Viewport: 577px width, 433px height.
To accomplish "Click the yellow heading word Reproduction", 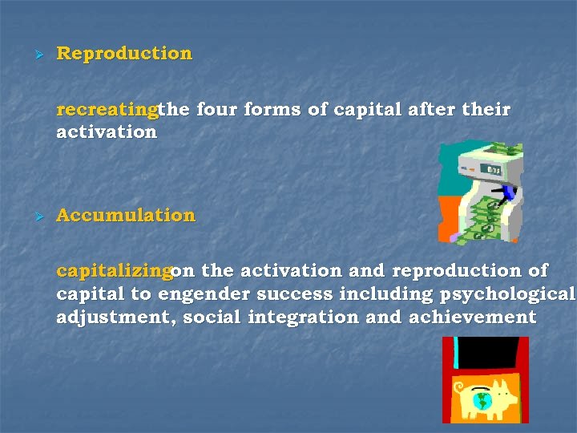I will point(124,54).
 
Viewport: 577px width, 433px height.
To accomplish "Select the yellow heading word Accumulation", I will point(126,215).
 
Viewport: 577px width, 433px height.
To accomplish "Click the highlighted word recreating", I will point(107,109).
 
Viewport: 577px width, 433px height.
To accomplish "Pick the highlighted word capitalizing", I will point(114,271).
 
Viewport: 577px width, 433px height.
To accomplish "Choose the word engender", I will point(200,294).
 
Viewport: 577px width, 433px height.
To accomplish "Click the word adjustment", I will point(115,318).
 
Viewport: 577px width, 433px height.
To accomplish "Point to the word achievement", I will point(473,318).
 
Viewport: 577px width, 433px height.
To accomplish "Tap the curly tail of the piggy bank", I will point(459,388).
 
